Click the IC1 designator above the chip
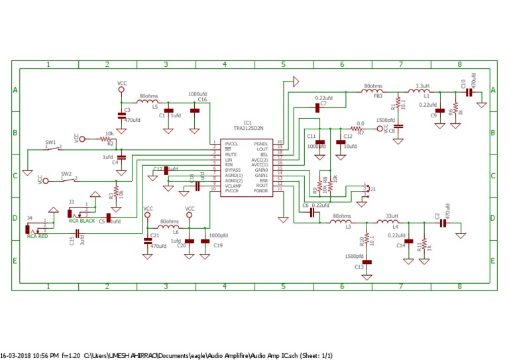point(247,122)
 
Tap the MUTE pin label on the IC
point(230,154)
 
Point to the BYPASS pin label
point(232,170)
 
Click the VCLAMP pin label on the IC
point(233,185)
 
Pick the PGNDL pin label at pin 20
point(261,143)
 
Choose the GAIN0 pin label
point(262,170)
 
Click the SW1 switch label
point(50,142)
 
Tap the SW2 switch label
point(66,173)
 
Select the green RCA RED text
point(37,236)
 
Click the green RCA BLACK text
point(83,221)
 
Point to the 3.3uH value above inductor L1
point(422,86)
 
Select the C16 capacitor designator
point(202,99)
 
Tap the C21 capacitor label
point(154,235)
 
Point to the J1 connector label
point(373,189)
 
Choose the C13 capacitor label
point(359,267)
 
